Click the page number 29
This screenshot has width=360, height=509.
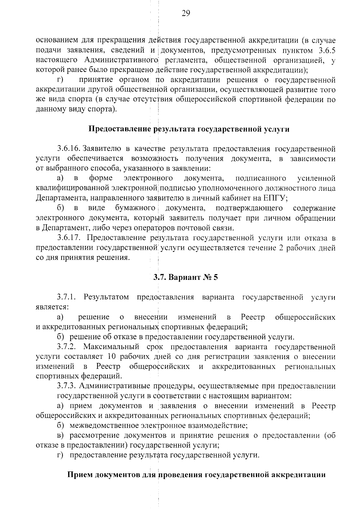coord(186,13)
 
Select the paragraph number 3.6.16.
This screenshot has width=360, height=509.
coord(69,149)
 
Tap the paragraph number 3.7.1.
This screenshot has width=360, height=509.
coord(66,297)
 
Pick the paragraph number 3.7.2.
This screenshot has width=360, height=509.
coord(66,347)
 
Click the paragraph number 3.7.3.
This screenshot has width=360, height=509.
coord(67,386)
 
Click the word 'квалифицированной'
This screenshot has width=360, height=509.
coord(73,188)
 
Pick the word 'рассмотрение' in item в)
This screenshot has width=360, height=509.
coord(93,436)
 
